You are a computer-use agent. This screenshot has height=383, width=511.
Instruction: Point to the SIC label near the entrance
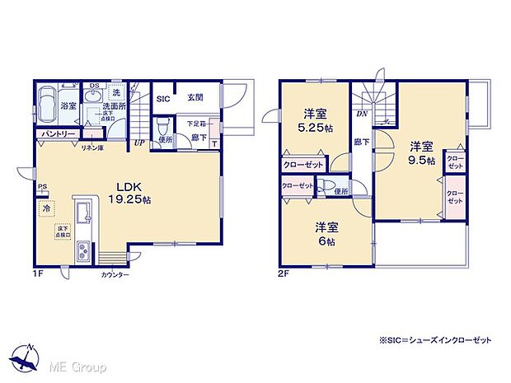[164, 97]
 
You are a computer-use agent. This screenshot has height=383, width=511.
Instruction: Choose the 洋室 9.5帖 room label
[420, 154]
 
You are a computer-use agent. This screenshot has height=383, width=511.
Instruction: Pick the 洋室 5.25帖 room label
[313, 122]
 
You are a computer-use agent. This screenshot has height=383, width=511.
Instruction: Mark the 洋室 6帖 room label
[326, 234]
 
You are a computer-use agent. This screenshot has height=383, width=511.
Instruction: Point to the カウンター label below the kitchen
[115, 274]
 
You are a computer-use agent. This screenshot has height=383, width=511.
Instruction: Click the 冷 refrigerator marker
[45, 209]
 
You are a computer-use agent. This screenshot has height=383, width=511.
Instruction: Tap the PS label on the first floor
[42, 187]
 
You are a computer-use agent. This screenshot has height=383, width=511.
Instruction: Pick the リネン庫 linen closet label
[91, 146]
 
